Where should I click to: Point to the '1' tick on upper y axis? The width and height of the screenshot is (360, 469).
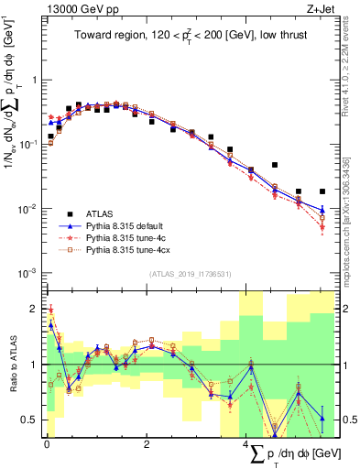coord(35,80)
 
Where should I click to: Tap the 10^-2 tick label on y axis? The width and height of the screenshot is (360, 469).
coord(28,209)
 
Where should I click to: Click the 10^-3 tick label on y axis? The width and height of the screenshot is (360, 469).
coord(28,273)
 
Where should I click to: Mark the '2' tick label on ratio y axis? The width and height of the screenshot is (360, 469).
coord(34,308)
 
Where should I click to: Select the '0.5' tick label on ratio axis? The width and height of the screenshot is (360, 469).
coord(30,420)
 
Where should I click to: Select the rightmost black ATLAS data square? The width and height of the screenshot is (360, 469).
coord(322,191)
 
